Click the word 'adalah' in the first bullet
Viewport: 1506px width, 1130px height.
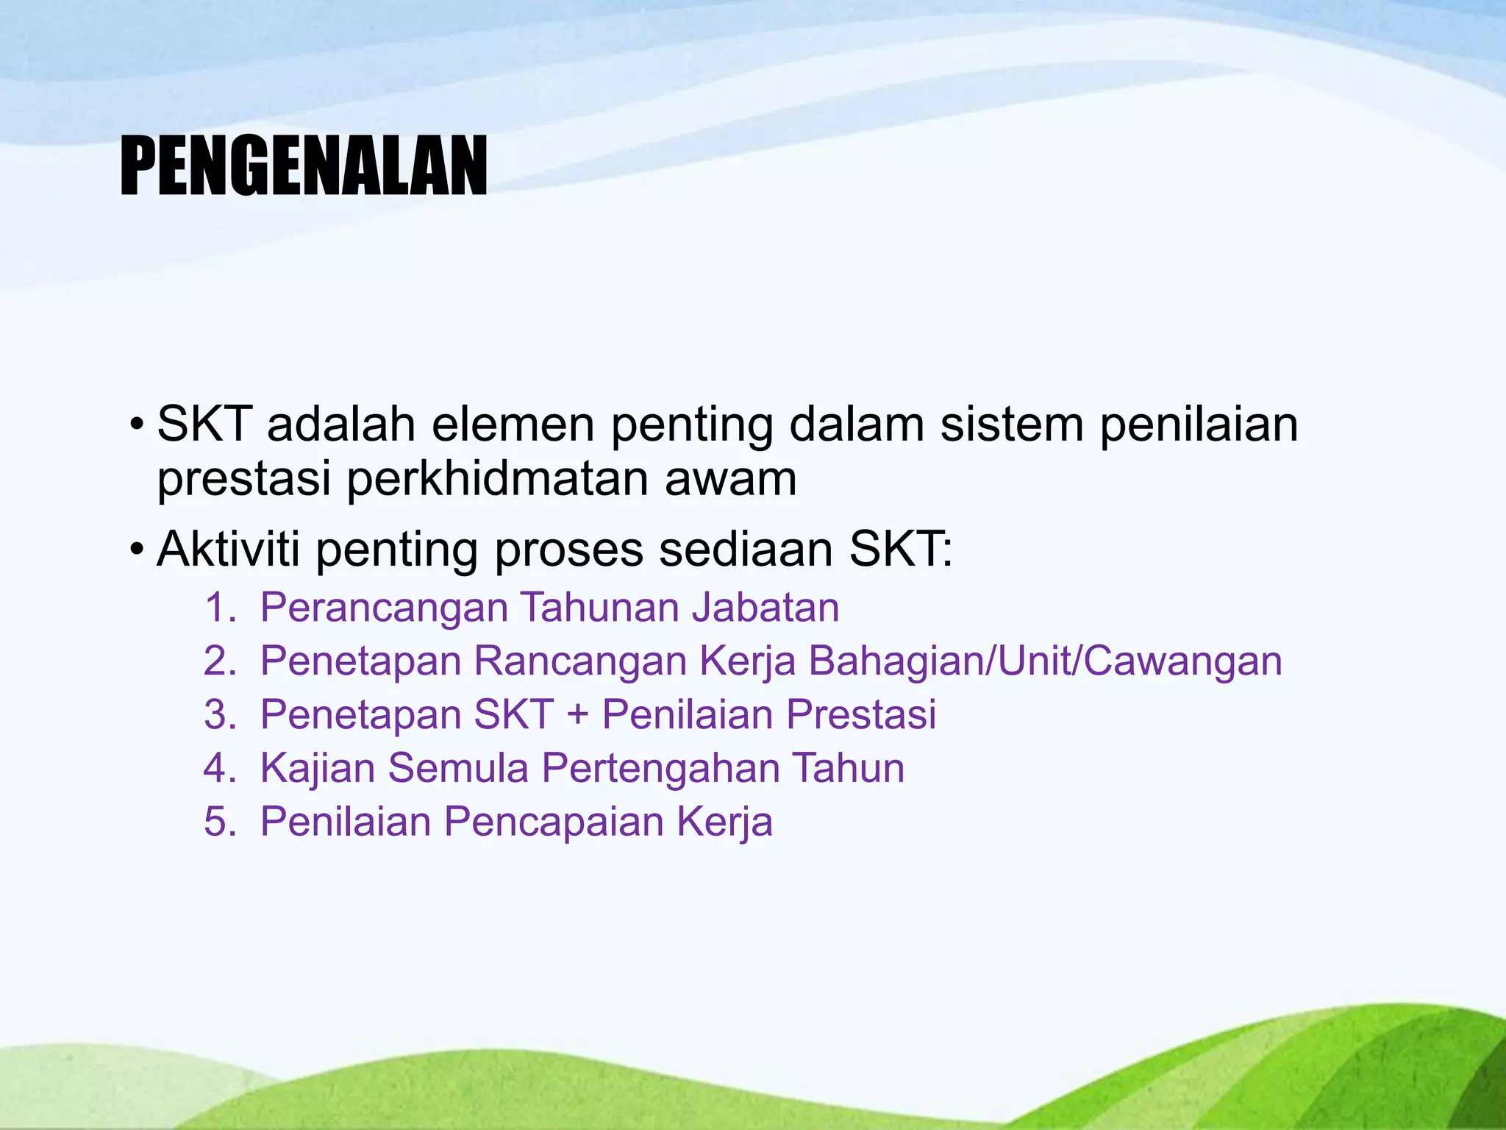pyautogui.click(x=341, y=425)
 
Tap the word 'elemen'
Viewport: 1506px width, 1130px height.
pyautogui.click(x=513, y=425)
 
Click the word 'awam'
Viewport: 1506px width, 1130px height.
pyautogui.click(x=730, y=479)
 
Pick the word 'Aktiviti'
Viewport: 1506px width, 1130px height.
pyautogui.click(x=229, y=549)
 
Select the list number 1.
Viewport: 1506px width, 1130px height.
pyautogui.click(x=218, y=608)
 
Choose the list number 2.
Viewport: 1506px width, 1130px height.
pyautogui.click(x=218, y=661)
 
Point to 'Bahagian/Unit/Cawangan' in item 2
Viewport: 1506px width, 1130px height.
pyautogui.click(x=1045, y=661)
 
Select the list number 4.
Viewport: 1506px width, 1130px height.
pyautogui.click(x=218, y=768)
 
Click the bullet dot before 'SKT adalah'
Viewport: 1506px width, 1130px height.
pyautogui.click(x=136, y=426)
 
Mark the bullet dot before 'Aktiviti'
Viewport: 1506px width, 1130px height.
pyautogui.click(x=136, y=550)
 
